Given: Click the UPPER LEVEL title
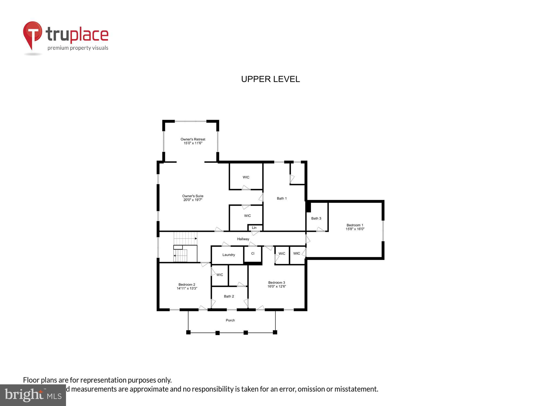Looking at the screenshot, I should click(270, 79).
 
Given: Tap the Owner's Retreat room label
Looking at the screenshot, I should click(193, 139).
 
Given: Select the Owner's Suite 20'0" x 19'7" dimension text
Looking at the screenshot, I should click(193, 200).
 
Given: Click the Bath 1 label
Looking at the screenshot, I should click(282, 198).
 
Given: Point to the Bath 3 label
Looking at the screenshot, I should click(316, 218).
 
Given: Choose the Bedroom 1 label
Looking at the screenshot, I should click(355, 225).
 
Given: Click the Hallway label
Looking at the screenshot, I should click(243, 239).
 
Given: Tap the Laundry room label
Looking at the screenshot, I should click(229, 255).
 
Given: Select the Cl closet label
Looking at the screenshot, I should click(253, 254).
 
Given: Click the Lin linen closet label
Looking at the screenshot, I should click(254, 228).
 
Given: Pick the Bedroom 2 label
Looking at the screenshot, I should click(187, 284).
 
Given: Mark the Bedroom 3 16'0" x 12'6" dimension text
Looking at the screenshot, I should click(276, 286).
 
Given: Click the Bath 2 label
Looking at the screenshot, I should click(229, 296).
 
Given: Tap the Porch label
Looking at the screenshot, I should click(230, 320).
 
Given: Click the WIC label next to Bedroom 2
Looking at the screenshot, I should click(220, 275).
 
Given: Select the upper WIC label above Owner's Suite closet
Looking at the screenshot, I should click(246, 177).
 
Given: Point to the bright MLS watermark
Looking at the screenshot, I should click(33, 395).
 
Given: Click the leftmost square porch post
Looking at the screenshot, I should click(189, 332).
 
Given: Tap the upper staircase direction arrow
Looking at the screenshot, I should click(196, 238).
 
